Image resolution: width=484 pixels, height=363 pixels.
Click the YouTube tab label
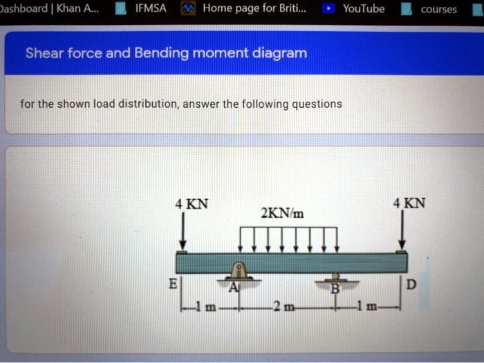coord(364,9)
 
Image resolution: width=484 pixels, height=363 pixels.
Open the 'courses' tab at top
coord(438,10)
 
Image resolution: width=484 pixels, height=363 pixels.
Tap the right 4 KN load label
coord(409,203)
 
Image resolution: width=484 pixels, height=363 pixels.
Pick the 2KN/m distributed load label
coord(282,212)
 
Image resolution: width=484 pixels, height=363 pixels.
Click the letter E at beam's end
coord(174,284)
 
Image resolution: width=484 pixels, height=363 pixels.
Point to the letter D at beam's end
coord(413,284)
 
